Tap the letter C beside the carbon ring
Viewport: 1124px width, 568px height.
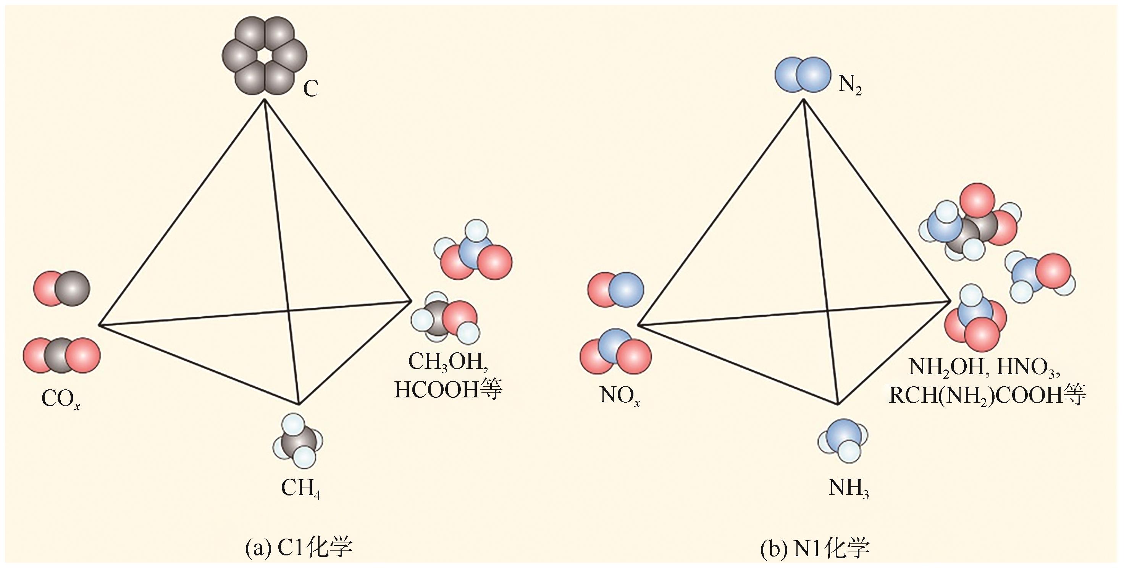click(311, 89)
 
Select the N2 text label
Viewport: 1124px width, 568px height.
click(850, 86)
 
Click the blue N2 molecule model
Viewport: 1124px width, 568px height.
click(802, 75)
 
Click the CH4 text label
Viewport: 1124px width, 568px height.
click(300, 489)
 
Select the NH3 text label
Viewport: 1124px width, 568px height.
click(848, 489)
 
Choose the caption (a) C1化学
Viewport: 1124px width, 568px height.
click(299, 549)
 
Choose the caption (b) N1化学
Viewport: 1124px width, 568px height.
click(815, 549)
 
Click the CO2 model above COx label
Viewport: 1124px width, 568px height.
click(61, 355)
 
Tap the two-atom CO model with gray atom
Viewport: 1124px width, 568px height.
click(62, 288)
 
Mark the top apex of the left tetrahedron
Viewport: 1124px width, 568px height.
click(265, 100)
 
